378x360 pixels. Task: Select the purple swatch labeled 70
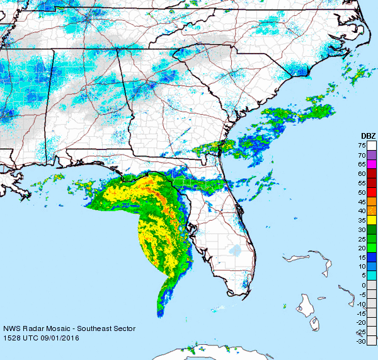[x=372, y=154]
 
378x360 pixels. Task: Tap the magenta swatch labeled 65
[x=372, y=164]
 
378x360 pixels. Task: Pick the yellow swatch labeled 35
[x=372, y=219]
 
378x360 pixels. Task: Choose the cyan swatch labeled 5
[x=372, y=276]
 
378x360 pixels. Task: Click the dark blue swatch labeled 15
[x=372, y=257]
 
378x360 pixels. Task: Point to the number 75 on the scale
[x=362, y=145]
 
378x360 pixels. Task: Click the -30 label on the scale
[x=361, y=341]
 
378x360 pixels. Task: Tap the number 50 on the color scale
[x=362, y=192]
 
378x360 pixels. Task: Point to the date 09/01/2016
[x=62, y=338]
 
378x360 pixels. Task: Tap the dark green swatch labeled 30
[x=372, y=229]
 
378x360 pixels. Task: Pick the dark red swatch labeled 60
[x=372, y=173]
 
